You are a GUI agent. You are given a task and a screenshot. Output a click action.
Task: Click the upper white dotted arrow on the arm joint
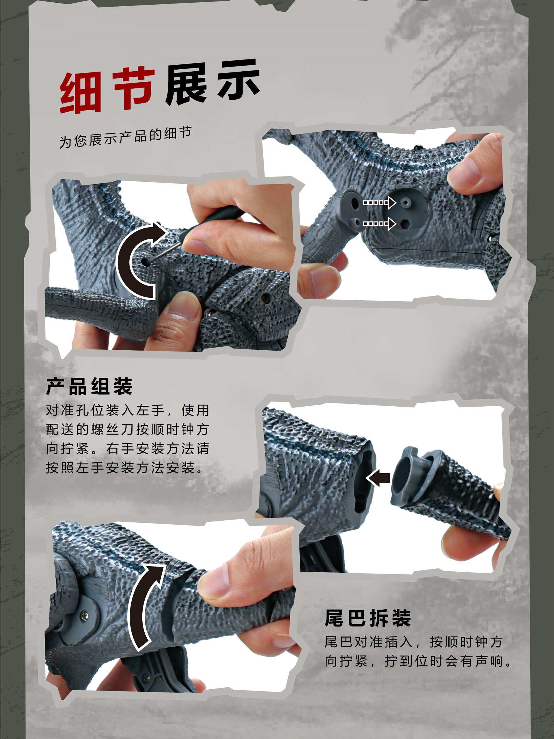379,202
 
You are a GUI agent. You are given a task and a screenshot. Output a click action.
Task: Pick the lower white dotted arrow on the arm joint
379,224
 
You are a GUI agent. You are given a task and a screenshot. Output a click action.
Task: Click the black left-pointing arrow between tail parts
378,479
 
